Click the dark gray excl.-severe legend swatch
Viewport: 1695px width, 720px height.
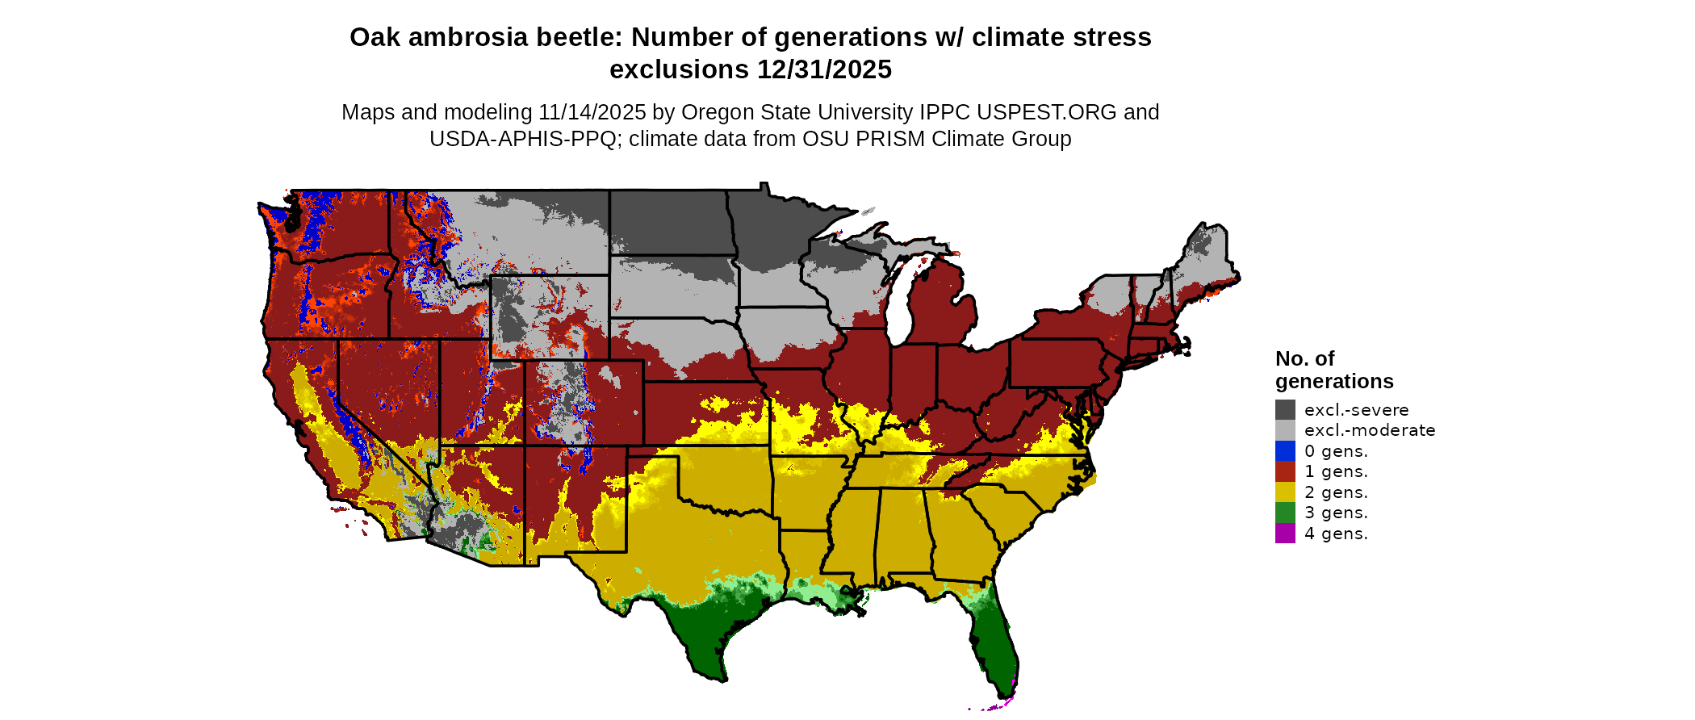[1285, 409]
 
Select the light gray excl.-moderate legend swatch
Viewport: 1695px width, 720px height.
[1285, 430]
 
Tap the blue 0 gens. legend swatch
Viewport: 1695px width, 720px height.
[1285, 450]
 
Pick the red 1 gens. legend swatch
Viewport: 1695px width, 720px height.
[1285, 471]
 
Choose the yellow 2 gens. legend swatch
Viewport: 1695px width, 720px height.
[1285, 492]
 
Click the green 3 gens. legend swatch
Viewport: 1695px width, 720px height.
[1285, 513]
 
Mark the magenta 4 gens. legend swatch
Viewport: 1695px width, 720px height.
[1285, 533]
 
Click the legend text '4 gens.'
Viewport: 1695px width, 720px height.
[1336, 534]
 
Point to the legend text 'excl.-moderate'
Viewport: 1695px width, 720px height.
[1370, 430]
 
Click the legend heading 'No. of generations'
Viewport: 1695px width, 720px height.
[1333, 370]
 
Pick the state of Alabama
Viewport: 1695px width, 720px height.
[900, 533]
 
